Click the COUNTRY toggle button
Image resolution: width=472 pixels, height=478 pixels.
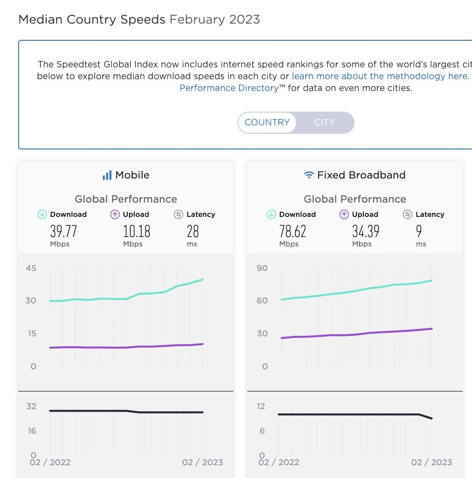267,122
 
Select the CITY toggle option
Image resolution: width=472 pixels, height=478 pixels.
324,122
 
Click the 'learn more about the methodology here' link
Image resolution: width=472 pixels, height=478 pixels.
380,76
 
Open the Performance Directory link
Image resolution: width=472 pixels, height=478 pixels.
229,88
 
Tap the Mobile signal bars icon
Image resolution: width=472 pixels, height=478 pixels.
107,176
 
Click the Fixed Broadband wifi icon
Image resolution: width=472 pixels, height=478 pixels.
309,175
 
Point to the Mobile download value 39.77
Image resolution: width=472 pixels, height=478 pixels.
63,231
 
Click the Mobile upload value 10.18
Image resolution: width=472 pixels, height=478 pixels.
136,231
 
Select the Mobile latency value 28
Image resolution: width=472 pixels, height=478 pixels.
192,231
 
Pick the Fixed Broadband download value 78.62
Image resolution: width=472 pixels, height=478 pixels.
293,231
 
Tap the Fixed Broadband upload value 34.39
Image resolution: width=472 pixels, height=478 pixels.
365,231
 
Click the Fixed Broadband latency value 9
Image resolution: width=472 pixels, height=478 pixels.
419,231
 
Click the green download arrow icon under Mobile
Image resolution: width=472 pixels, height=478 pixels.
42,214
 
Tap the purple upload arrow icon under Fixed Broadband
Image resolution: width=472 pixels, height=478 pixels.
344,214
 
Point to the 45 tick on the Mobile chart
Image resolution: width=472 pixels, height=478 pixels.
31,269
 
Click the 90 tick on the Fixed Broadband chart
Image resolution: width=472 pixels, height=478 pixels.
262,269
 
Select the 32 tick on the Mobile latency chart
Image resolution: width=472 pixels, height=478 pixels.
31,406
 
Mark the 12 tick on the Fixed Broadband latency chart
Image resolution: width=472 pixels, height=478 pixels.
261,406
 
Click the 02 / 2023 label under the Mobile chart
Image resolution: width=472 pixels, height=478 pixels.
203,462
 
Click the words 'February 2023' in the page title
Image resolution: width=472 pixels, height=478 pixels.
214,20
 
